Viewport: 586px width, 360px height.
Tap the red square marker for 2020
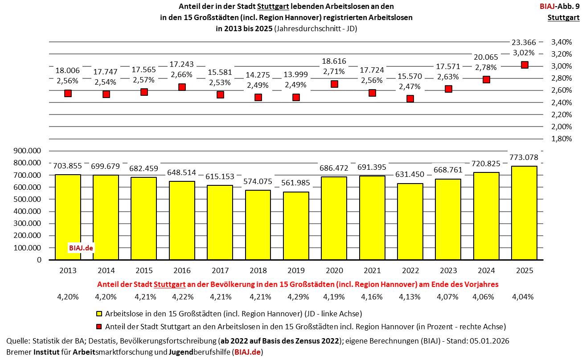[x=334, y=84]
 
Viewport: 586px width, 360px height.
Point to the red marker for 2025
[x=525, y=65]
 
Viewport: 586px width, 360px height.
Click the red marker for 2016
[x=182, y=87]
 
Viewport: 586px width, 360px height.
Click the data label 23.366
[x=525, y=42]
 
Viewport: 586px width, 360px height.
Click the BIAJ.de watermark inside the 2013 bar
[x=81, y=248]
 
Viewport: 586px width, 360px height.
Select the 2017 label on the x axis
[x=220, y=270]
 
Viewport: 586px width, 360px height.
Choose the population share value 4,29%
[x=296, y=296]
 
